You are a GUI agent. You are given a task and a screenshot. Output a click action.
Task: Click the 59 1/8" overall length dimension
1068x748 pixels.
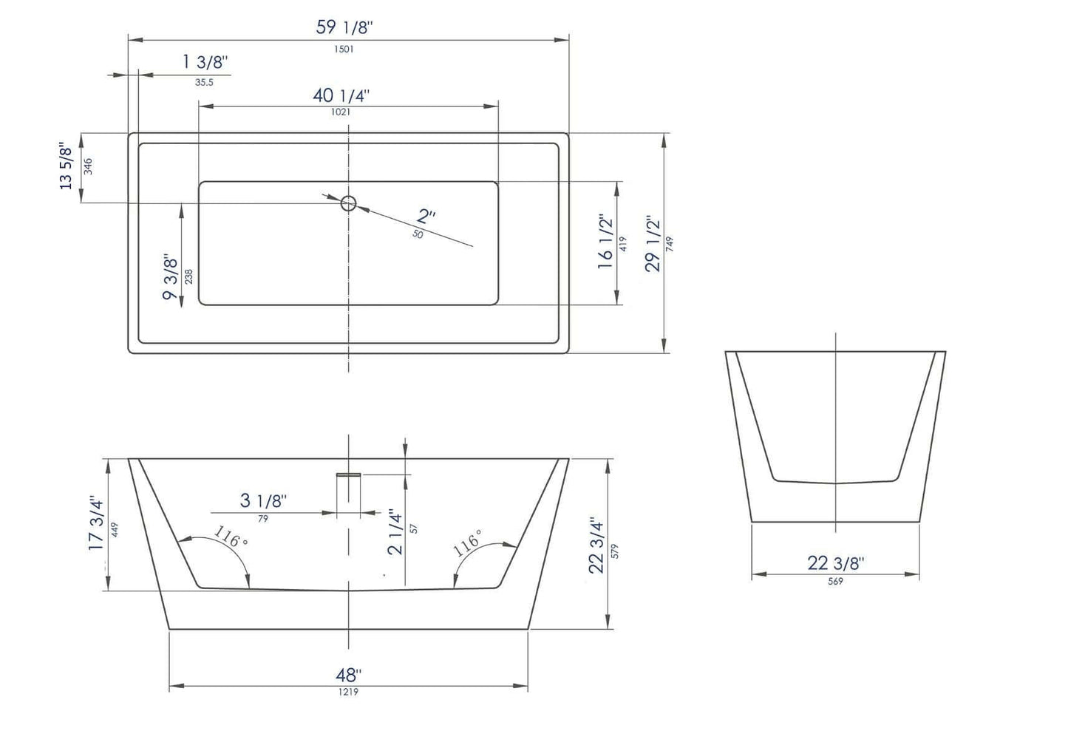point(344,28)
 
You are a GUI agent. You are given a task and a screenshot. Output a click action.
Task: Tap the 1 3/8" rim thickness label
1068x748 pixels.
point(205,62)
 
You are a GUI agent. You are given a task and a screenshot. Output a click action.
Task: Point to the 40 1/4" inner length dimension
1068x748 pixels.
point(341,95)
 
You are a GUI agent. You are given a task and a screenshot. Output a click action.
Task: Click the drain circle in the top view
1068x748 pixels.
point(348,203)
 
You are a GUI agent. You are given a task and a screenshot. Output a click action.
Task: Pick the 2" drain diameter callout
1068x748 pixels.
point(426,217)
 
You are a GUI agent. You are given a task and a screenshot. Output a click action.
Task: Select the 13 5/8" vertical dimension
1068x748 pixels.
point(67,166)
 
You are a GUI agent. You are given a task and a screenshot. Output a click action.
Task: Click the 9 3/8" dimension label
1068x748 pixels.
point(170,278)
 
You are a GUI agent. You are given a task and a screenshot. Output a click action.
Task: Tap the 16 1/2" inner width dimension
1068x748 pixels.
point(605,243)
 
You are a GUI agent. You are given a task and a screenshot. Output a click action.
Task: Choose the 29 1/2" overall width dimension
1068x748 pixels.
point(652,244)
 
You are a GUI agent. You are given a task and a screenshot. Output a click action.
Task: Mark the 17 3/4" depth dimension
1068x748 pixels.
point(96,523)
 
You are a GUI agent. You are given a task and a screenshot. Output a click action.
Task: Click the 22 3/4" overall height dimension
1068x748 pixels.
point(596,546)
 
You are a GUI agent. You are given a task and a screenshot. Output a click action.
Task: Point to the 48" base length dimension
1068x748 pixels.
point(348,675)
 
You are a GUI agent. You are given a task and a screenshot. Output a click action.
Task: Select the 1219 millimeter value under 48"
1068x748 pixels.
point(348,692)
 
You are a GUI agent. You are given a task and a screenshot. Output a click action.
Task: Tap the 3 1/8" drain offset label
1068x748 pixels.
point(263,501)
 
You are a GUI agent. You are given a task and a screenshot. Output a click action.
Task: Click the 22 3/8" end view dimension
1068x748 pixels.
point(835,563)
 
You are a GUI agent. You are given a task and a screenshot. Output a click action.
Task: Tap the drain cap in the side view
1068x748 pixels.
point(348,475)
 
